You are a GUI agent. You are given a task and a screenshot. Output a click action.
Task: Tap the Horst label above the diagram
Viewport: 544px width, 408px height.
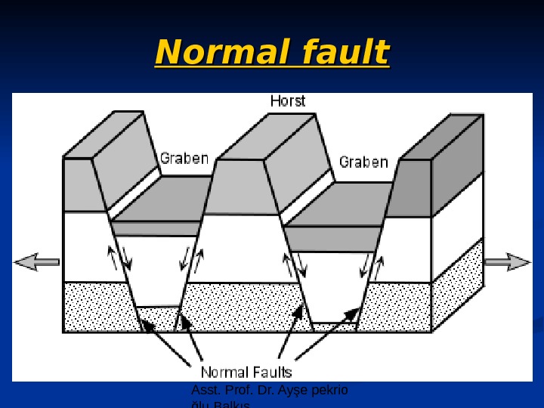[x=288, y=100]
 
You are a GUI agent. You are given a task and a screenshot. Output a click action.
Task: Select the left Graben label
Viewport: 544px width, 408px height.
[x=184, y=158]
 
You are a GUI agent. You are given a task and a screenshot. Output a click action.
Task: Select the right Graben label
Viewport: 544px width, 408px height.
[x=363, y=162]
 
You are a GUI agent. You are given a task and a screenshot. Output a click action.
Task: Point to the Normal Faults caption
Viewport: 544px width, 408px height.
[x=246, y=372]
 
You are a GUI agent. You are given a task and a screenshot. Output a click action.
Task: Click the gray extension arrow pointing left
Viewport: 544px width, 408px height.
[x=36, y=261]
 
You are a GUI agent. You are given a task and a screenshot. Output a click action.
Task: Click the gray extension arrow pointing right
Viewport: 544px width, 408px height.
[x=508, y=262]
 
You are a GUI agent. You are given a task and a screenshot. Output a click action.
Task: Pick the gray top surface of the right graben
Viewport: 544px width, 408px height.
[x=340, y=204]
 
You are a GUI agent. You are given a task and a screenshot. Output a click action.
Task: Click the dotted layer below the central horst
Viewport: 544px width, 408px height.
[x=242, y=306]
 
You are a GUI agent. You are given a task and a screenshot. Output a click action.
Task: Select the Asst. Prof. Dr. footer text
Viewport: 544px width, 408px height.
[x=270, y=391]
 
